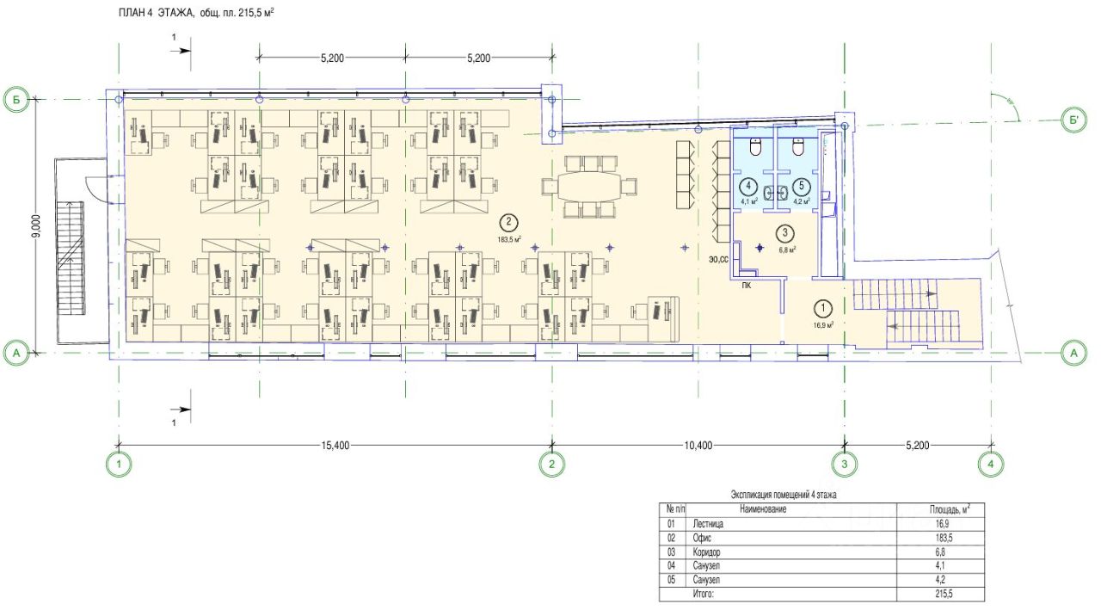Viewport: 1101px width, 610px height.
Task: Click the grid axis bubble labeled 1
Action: point(119,464)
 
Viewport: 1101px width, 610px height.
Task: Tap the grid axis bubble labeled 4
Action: point(990,464)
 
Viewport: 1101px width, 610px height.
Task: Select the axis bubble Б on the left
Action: point(16,100)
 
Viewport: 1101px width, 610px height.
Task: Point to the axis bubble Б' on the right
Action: point(1073,120)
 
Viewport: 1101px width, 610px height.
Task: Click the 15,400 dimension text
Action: point(335,446)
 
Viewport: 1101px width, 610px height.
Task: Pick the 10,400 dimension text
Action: point(698,446)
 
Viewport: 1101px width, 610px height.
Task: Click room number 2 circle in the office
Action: point(508,222)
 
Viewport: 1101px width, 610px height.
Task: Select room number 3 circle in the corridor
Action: point(785,232)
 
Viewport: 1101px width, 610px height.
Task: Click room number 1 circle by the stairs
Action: point(823,309)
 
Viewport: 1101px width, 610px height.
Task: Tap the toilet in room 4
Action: point(755,146)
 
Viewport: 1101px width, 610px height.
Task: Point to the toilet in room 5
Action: point(799,146)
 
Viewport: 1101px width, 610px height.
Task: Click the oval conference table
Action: point(590,186)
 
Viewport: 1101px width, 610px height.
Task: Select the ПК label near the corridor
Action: point(747,285)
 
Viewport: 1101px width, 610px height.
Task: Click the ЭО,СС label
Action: point(718,260)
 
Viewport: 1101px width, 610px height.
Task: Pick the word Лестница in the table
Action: point(708,524)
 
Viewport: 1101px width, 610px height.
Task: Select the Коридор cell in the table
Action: point(706,552)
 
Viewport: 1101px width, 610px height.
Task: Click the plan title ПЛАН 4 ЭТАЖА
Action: point(157,13)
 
